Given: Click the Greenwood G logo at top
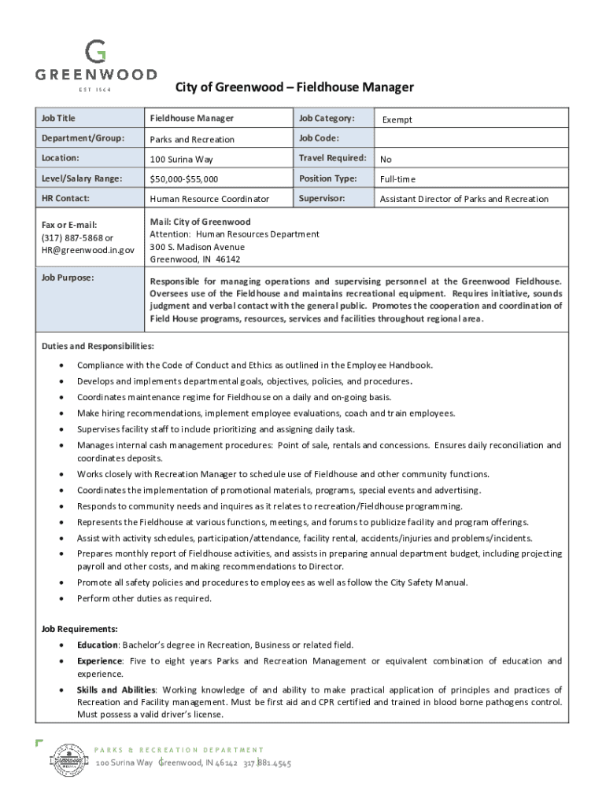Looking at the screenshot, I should [95, 52].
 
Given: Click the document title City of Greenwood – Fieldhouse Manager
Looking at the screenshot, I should [294, 87].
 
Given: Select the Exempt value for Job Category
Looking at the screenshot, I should [397, 120].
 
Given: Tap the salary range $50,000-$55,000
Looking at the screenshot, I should [184, 180].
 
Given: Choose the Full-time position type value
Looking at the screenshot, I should [397, 180].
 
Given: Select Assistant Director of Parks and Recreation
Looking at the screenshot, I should [464, 200].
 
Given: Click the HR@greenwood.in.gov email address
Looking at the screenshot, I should [87, 250].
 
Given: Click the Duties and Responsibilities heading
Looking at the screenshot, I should [98, 347].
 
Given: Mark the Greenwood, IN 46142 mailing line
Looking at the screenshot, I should [195, 259].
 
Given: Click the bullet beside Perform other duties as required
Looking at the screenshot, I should [61, 599].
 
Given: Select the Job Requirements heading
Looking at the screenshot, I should [79, 629].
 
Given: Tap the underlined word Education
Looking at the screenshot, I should [97, 645].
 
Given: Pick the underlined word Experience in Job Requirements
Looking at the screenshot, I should [99, 661].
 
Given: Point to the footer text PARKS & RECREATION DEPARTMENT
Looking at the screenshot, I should [180, 750].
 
